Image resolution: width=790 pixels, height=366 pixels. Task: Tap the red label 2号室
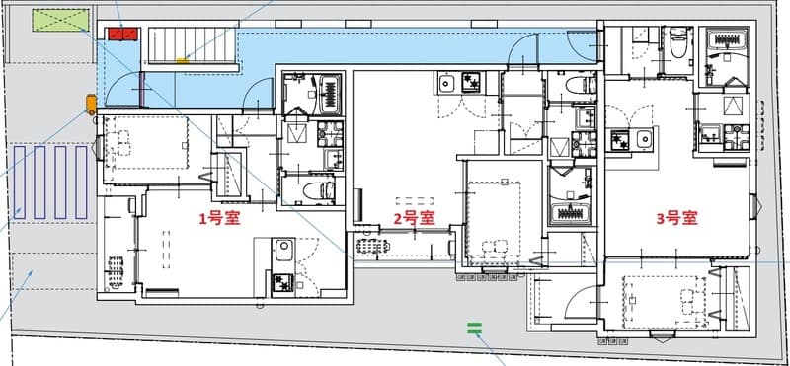coord(415,218)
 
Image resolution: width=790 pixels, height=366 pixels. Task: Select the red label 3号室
coord(677,218)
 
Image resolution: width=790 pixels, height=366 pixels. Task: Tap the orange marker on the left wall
coord(91,103)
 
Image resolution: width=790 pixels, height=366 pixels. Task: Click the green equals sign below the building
coord(474,329)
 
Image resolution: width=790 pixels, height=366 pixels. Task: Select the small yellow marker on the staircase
coord(182,61)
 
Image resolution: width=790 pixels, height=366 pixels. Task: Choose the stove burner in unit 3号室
coord(622,142)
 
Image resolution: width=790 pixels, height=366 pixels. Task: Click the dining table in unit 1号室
coord(116,267)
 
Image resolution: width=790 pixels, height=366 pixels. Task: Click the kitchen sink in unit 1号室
coord(281,248)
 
